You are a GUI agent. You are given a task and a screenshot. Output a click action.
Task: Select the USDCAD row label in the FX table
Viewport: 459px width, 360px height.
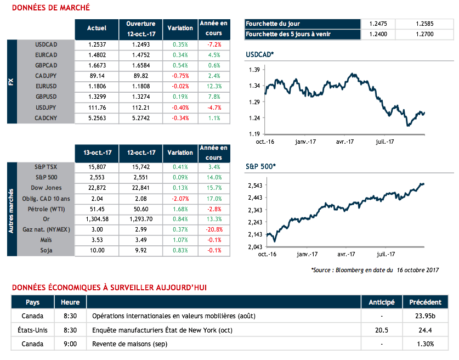tap(46, 44)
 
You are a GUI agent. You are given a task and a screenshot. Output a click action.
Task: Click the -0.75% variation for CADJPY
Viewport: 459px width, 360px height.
tap(180, 76)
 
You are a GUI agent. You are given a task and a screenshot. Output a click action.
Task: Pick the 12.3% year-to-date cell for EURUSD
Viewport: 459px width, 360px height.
tap(214, 86)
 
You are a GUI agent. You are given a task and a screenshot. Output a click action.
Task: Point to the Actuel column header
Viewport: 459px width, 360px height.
tap(97, 28)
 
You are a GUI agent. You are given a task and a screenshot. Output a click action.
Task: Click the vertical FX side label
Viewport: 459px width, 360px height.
tap(12, 81)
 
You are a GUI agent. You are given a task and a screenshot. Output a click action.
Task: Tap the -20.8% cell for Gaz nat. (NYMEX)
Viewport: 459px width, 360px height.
tap(214, 229)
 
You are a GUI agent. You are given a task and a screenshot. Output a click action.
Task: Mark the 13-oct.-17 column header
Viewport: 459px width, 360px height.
tap(97, 153)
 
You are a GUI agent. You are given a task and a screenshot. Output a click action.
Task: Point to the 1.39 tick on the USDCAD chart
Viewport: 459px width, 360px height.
tap(253, 70)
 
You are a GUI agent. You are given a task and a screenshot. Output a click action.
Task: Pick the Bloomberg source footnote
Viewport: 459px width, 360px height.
tap(375, 270)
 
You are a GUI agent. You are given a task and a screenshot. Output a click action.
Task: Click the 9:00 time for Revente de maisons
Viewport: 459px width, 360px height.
tap(70, 344)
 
